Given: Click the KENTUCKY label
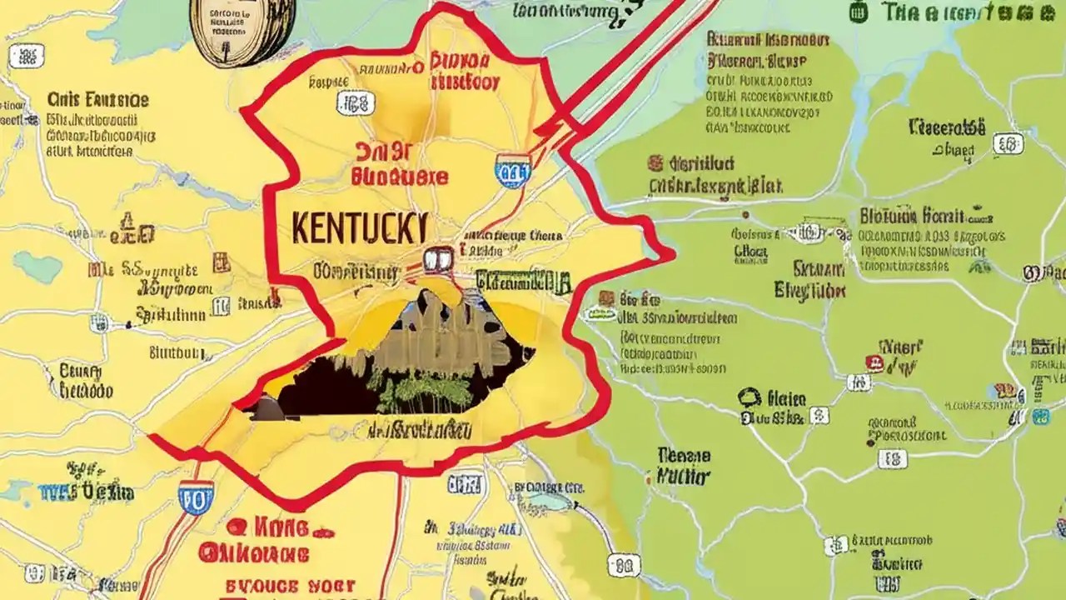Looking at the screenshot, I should click(361, 227).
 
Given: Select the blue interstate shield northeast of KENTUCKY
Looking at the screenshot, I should click(511, 170).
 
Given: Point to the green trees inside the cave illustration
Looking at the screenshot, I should click(416, 390).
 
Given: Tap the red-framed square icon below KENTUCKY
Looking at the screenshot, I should click(437, 260).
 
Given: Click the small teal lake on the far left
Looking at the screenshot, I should click(37, 267).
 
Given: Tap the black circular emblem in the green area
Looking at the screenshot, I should click(749, 397).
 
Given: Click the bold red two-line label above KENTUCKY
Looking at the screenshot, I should click(400, 163).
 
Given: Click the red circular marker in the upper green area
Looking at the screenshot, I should click(656, 162).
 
